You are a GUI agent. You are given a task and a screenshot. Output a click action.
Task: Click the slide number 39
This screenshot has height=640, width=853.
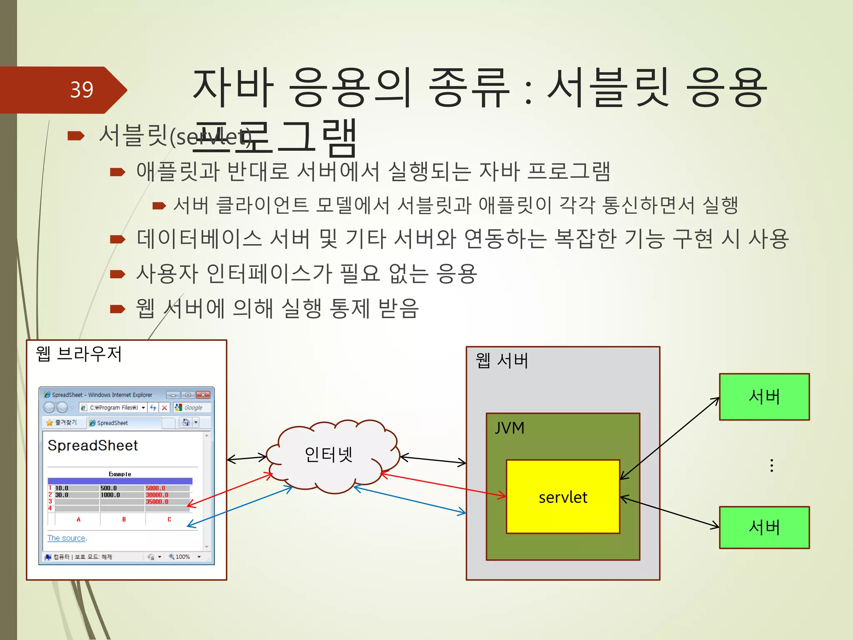pos(82,90)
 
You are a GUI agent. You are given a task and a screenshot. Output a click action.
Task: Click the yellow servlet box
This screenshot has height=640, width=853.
pos(563,497)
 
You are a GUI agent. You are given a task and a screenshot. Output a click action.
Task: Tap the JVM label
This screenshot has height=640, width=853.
pos(509,428)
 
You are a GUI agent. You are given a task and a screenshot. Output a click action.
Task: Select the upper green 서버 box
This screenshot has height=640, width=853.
pos(764,397)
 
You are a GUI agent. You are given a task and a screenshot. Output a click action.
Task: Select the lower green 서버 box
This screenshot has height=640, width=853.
pos(764,527)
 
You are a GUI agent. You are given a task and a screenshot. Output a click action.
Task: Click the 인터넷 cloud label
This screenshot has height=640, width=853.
pos(329,454)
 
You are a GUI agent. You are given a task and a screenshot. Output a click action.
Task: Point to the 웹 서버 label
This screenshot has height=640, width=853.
pos(502,361)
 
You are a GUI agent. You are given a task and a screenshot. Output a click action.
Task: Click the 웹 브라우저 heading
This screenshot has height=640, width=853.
pos(79,354)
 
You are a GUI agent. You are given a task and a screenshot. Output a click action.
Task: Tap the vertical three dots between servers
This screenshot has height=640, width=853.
pos(772,465)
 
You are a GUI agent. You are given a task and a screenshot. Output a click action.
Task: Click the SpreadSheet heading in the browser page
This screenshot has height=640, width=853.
pos(92,445)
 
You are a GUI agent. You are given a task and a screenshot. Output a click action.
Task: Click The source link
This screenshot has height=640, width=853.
pos(66,538)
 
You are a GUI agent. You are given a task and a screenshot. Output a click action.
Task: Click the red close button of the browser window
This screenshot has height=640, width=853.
pos(203,395)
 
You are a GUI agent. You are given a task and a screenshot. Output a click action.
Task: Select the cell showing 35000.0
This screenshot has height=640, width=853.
pos(157,502)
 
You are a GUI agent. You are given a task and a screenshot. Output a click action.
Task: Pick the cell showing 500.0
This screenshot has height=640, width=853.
pos(109,488)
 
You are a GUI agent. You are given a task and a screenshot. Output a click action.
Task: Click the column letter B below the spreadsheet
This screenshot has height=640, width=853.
pos(124,519)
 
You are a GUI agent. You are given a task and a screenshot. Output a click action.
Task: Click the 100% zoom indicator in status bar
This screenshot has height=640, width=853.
pos(182,557)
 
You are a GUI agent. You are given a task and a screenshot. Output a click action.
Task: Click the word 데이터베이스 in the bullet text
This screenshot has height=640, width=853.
pos(199,239)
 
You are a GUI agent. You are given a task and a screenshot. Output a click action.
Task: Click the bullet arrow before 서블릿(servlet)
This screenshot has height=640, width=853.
pos(76,136)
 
